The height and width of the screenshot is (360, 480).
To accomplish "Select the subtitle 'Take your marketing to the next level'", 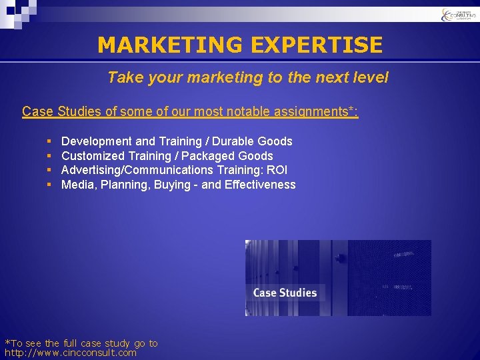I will (x=247, y=77).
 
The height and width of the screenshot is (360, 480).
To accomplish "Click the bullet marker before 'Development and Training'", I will (x=50, y=141).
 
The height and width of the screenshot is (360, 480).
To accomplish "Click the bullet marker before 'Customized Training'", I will (x=50, y=156).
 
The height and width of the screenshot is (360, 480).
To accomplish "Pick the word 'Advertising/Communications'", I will (x=137, y=171).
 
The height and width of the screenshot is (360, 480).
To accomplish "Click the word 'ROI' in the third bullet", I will (x=276, y=171).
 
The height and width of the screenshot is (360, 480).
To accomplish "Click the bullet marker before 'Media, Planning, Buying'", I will (x=50, y=185).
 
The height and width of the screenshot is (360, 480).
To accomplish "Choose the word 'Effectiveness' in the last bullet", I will (x=260, y=185).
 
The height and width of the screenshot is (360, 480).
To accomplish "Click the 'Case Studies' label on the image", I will (x=285, y=293).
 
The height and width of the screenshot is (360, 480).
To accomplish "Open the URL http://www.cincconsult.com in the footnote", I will (x=71, y=353).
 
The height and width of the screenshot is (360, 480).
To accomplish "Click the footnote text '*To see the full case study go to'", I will (x=81, y=343).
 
